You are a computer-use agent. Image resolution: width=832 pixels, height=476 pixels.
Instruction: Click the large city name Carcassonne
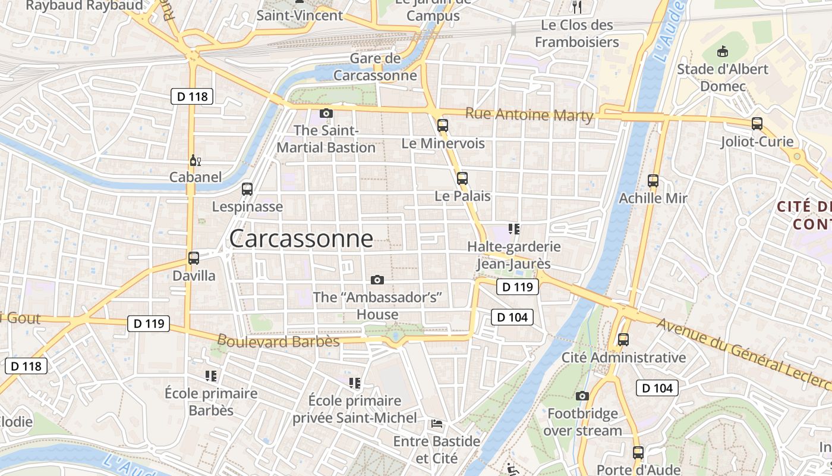click(301, 239)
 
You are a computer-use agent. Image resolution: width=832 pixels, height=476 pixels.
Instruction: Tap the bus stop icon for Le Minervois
click(443, 125)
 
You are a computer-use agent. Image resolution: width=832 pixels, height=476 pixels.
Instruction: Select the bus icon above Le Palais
click(462, 178)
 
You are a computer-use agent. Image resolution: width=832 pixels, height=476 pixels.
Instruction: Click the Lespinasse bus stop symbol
click(247, 189)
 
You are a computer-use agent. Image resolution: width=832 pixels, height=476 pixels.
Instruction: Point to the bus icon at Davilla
click(194, 258)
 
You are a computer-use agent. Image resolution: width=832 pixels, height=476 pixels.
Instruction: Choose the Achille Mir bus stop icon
click(653, 181)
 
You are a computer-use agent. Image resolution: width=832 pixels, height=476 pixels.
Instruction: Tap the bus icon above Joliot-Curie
click(757, 124)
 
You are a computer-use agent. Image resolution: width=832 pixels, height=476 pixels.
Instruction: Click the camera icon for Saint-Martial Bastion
click(326, 113)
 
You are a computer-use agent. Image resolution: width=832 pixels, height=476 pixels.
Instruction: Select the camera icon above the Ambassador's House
click(377, 280)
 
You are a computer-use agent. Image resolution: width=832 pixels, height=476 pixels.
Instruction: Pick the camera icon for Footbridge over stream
click(582, 396)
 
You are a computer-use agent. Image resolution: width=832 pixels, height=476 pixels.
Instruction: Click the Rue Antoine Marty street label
click(529, 114)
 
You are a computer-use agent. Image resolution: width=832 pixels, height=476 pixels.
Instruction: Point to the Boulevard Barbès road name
click(278, 342)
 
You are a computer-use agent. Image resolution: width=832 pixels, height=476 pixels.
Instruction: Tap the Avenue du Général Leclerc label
click(742, 350)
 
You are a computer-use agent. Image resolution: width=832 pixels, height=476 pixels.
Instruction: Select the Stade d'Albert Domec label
click(723, 77)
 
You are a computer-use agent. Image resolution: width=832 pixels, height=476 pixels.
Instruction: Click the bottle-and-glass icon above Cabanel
click(195, 160)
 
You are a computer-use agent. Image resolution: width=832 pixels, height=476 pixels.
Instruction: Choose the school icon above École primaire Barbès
click(211, 375)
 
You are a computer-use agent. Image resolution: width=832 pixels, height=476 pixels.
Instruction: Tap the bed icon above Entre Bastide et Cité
click(437, 424)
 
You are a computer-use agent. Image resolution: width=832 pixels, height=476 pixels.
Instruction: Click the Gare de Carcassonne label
click(375, 67)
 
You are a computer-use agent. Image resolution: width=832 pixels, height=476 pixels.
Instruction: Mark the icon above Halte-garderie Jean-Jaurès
click(514, 228)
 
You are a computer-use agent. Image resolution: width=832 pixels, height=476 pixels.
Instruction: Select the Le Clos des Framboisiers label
click(577, 34)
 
